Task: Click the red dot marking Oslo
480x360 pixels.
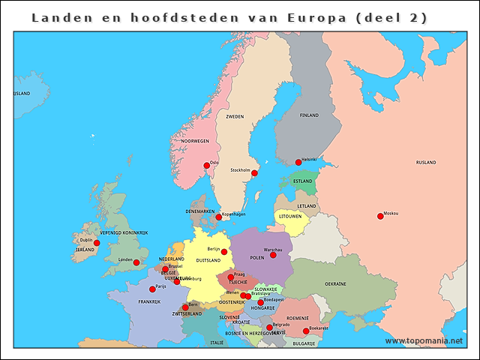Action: point(207,166)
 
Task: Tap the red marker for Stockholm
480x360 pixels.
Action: point(254,173)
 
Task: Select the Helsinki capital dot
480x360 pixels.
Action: point(298,162)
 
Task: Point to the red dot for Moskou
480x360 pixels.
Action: point(380,216)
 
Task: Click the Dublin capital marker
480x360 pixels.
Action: point(96,243)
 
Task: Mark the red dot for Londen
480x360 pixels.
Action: point(136,262)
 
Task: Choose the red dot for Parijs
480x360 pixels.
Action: point(153,289)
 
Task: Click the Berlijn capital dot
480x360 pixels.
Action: point(224,252)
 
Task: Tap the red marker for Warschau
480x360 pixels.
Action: point(273,255)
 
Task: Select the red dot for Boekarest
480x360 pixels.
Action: point(306,331)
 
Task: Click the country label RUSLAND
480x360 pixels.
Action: point(426,162)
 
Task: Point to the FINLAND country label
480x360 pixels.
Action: point(309,115)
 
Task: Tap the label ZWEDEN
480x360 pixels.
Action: point(235,117)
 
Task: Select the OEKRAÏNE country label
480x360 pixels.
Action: point(335,284)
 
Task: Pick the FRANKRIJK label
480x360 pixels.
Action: point(149,302)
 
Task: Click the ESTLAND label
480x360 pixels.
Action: point(303,181)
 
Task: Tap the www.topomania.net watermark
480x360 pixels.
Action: point(424,340)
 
